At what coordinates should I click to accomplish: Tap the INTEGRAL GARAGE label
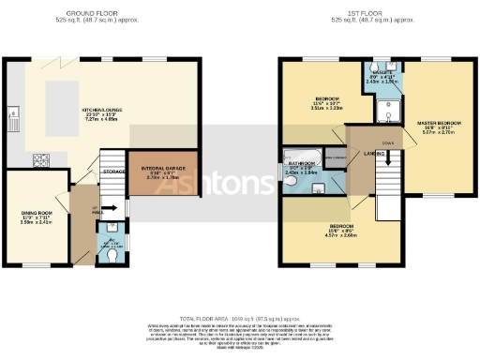153,170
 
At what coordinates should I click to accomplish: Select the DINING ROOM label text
36,215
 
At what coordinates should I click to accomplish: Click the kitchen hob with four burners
42,158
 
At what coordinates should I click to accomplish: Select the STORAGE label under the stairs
114,172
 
